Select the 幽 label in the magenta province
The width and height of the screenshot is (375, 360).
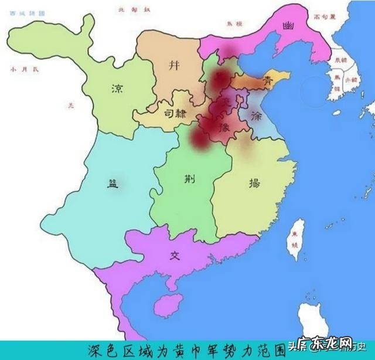[287, 26]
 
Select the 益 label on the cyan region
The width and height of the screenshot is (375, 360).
[112, 182]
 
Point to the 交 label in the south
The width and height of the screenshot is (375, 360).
[174, 256]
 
